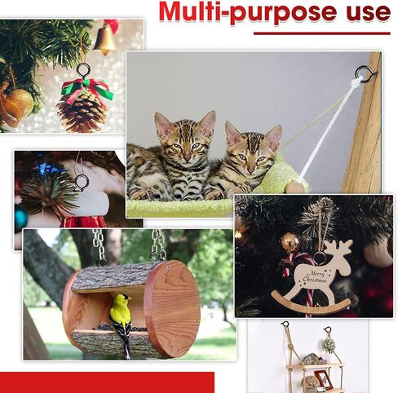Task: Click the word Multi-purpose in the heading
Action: (x=248, y=11)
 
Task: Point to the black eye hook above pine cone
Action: (x=83, y=70)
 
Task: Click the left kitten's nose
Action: (x=187, y=157)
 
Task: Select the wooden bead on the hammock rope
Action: (x=294, y=188)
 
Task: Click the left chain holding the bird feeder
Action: (x=100, y=247)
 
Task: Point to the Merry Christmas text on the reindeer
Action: (x=316, y=277)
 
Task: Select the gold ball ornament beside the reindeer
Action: (x=290, y=241)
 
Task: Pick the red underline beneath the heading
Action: (x=322, y=33)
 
